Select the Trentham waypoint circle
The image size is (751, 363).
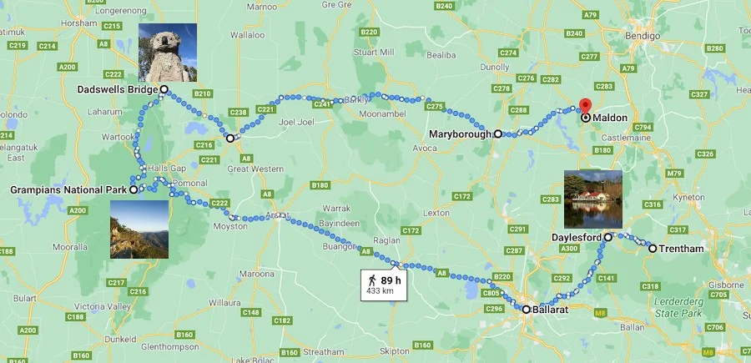tap(652, 249)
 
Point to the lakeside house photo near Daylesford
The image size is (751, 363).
tap(593, 199)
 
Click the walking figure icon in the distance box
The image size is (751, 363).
tap(369, 280)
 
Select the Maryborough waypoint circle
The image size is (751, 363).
tap(498, 134)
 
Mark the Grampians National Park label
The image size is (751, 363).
tap(68, 190)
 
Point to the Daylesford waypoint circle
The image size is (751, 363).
tap(608, 238)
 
